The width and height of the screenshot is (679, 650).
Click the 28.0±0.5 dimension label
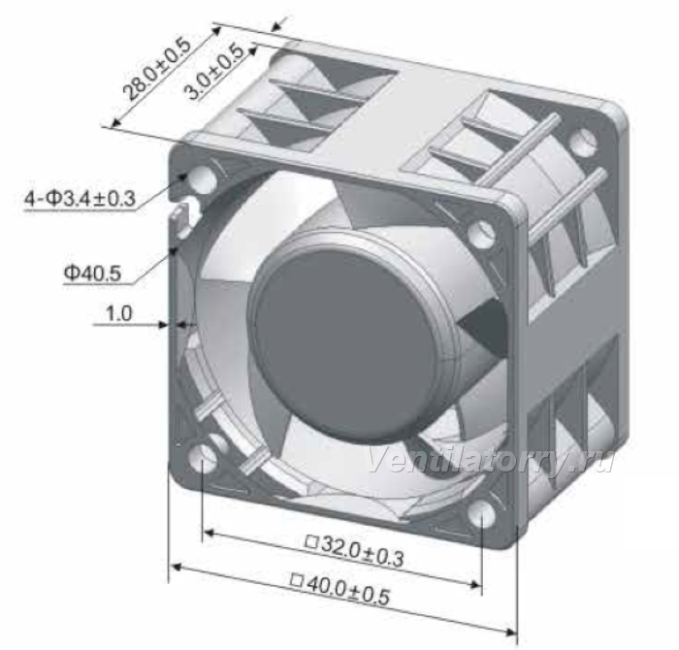pyautogui.click(x=157, y=69)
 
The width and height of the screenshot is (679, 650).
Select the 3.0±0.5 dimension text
pyautogui.click(x=213, y=72)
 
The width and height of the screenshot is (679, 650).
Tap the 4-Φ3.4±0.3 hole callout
pyautogui.click(x=81, y=199)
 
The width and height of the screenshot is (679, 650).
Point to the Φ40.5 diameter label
pyautogui.click(x=92, y=273)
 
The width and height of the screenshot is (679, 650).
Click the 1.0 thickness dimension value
pyautogui.click(x=118, y=313)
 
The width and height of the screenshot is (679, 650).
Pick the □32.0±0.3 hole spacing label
pyautogui.click(x=355, y=550)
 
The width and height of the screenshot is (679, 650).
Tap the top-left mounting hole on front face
pyautogui.click(x=203, y=179)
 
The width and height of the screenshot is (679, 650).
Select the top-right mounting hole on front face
pyautogui.click(x=481, y=234)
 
